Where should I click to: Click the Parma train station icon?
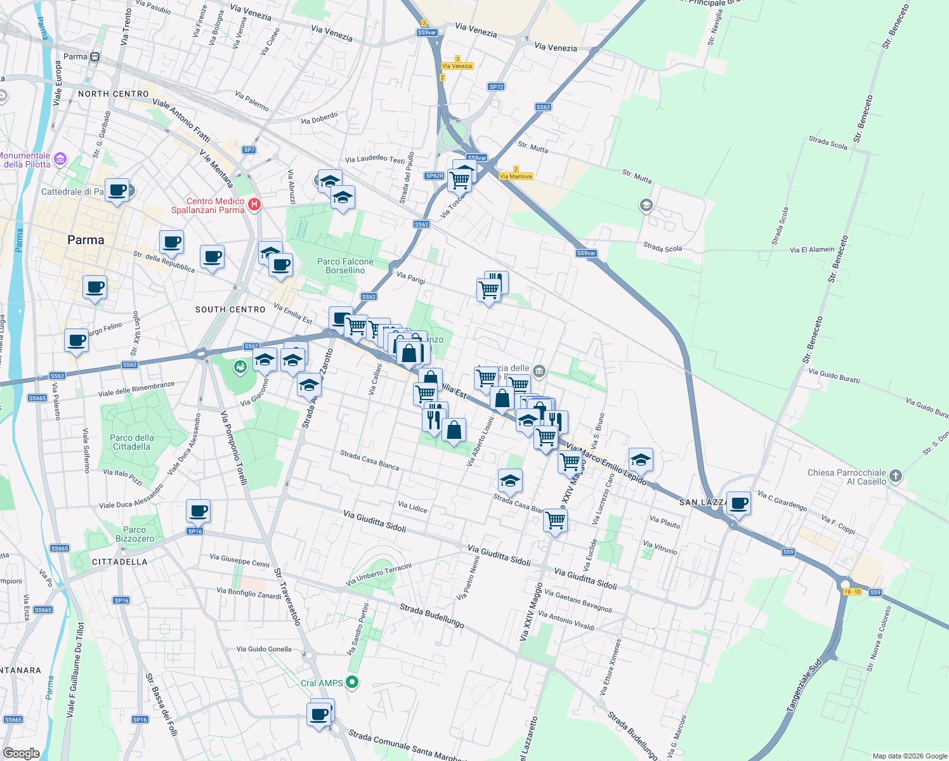(95, 57)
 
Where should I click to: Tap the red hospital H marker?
(254, 204)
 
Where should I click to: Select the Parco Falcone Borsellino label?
(345, 266)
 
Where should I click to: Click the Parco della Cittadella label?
(132, 442)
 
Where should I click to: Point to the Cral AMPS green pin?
(353, 682)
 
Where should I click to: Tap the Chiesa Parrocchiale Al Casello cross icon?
(895, 476)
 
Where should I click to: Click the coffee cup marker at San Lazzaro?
(738, 504)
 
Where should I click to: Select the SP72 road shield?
(496, 87)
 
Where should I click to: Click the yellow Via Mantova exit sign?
(516, 176)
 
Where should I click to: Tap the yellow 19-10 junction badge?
(853, 592)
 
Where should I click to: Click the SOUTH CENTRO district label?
(230, 309)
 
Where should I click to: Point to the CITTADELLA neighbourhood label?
(119, 562)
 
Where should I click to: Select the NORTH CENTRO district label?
(114, 94)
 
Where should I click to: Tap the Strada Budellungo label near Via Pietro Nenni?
(432, 616)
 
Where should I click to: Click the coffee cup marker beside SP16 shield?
(198, 511)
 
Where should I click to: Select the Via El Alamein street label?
(812, 250)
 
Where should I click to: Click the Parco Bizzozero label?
(134, 534)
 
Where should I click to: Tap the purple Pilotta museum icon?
(60, 159)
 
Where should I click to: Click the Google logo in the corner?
(21, 753)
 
